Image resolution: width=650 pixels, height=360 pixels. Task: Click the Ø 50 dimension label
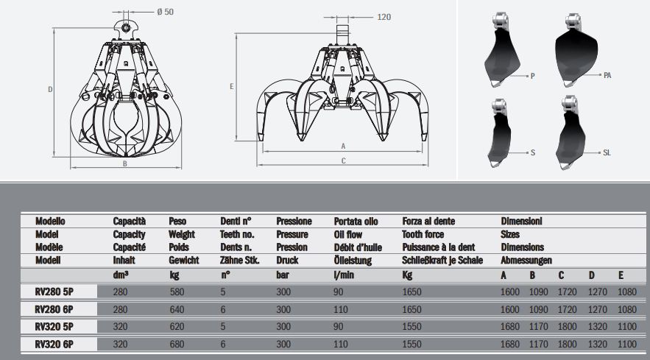(x=166, y=13)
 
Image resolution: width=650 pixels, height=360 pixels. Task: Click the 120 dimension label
(x=384, y=18)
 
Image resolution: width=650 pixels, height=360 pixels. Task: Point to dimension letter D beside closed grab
(x=50, y=89)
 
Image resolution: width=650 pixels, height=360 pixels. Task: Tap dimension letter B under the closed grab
(x=125, y=164)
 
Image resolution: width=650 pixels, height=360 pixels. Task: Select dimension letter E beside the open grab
(x=232, y=87)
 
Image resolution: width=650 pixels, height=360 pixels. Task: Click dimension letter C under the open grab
(x=344, y=160)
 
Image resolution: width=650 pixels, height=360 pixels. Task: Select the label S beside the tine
(x=531, y=152)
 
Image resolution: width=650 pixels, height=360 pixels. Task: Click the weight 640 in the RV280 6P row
(x=178, y=308)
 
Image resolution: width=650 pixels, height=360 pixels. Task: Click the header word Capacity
(x=129, y=234)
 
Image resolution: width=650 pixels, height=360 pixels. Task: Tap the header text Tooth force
(x=425, y=234)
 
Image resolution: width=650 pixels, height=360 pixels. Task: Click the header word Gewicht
(x=184, y=260)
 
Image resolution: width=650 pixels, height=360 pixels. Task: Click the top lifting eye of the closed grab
(x=127, y=28)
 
